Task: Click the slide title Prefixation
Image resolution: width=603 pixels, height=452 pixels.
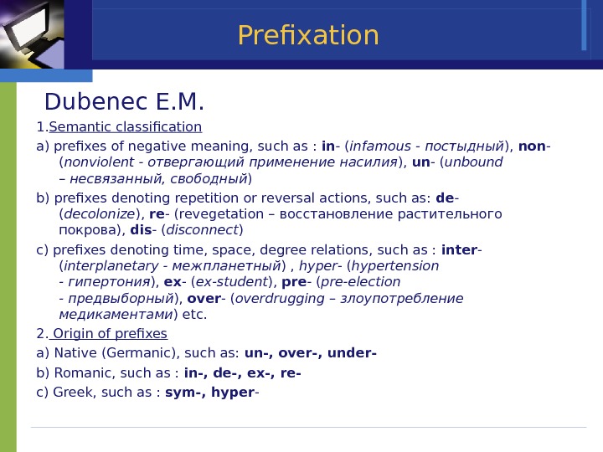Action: [307, 36]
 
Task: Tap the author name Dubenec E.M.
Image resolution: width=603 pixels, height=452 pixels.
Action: [124, 102]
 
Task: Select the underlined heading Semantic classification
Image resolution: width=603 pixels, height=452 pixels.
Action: [126, 127]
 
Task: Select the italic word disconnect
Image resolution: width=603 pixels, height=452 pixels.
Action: [204, 230]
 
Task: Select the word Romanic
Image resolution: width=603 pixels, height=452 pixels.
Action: [84, 373]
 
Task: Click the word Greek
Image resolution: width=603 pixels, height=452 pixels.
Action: [72, 393]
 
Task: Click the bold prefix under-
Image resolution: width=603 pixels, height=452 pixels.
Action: [352, 353]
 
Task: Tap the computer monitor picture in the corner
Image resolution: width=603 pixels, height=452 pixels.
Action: [32, 33]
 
